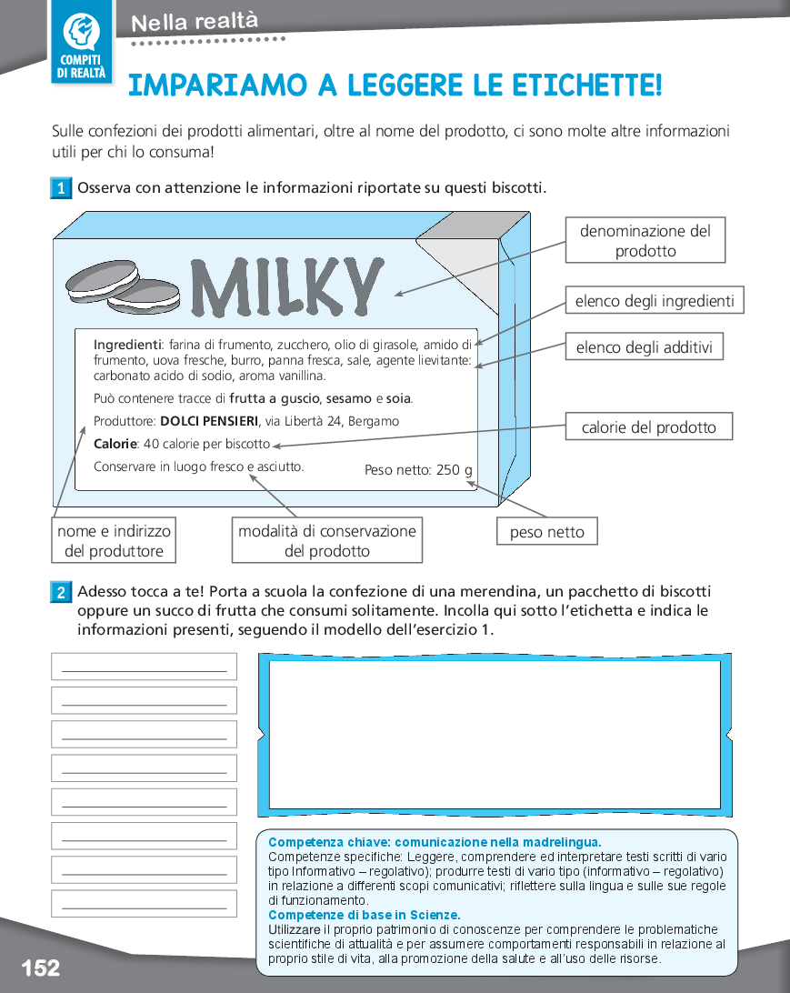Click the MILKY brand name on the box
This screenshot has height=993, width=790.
click(x=285, y=286)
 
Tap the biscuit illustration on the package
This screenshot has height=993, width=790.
click(x=124, y=284)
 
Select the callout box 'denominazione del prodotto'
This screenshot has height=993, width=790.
click(x=645, y=241)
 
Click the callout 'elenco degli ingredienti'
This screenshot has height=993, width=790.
click(x=654, y=301)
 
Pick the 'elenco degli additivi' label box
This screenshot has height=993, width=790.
click(x=644, y=346)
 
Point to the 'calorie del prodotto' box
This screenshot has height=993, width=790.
click(x=648, y=427)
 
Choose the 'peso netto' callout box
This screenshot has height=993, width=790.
click(x=546, y=532)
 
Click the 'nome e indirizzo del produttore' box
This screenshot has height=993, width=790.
click(x=114, y=541)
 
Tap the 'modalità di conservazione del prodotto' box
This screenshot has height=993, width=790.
click(x=327, y=541)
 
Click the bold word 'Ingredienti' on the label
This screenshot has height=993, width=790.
click(x=127, y=345)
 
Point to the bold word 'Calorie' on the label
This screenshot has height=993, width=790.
click(x=115, y=444)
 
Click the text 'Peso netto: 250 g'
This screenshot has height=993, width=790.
click(x=418, y=470)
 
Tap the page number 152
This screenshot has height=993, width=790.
click(x=41, y=967)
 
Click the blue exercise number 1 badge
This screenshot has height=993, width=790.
click(x=61, y=189)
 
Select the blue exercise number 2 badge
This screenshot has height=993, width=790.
click(x=61, y=593)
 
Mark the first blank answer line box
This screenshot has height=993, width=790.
click(x=144, y=667)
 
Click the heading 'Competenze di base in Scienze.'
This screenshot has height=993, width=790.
click(x=364, y=915)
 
